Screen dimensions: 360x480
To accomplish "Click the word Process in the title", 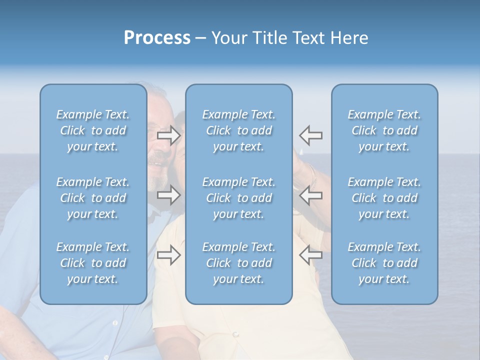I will [157, 38].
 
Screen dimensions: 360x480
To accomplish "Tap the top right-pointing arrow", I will [169, 135].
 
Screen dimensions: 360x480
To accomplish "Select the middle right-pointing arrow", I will [169, 195].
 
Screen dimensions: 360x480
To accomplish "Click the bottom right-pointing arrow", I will [169, 255].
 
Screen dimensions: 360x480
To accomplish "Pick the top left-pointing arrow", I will [311, 135].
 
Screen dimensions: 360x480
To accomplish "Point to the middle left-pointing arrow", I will [311, 195].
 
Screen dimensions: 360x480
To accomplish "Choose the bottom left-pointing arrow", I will [311, 255].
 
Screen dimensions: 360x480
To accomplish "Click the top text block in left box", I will [93, 130].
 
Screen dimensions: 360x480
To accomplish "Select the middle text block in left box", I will [93, 198].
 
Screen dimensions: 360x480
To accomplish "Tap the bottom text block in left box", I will [93, 263].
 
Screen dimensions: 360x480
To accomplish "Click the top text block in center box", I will [239, 130].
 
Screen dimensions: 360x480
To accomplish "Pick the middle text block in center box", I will [239, 198].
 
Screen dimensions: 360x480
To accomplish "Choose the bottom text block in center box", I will [239, 263].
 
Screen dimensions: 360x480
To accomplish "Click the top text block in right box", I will [384, 130].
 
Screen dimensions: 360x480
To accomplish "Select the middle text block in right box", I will [384, 198].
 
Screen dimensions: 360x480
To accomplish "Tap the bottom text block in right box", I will [384, 263].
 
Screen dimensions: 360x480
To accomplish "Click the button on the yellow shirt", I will [235, 334].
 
